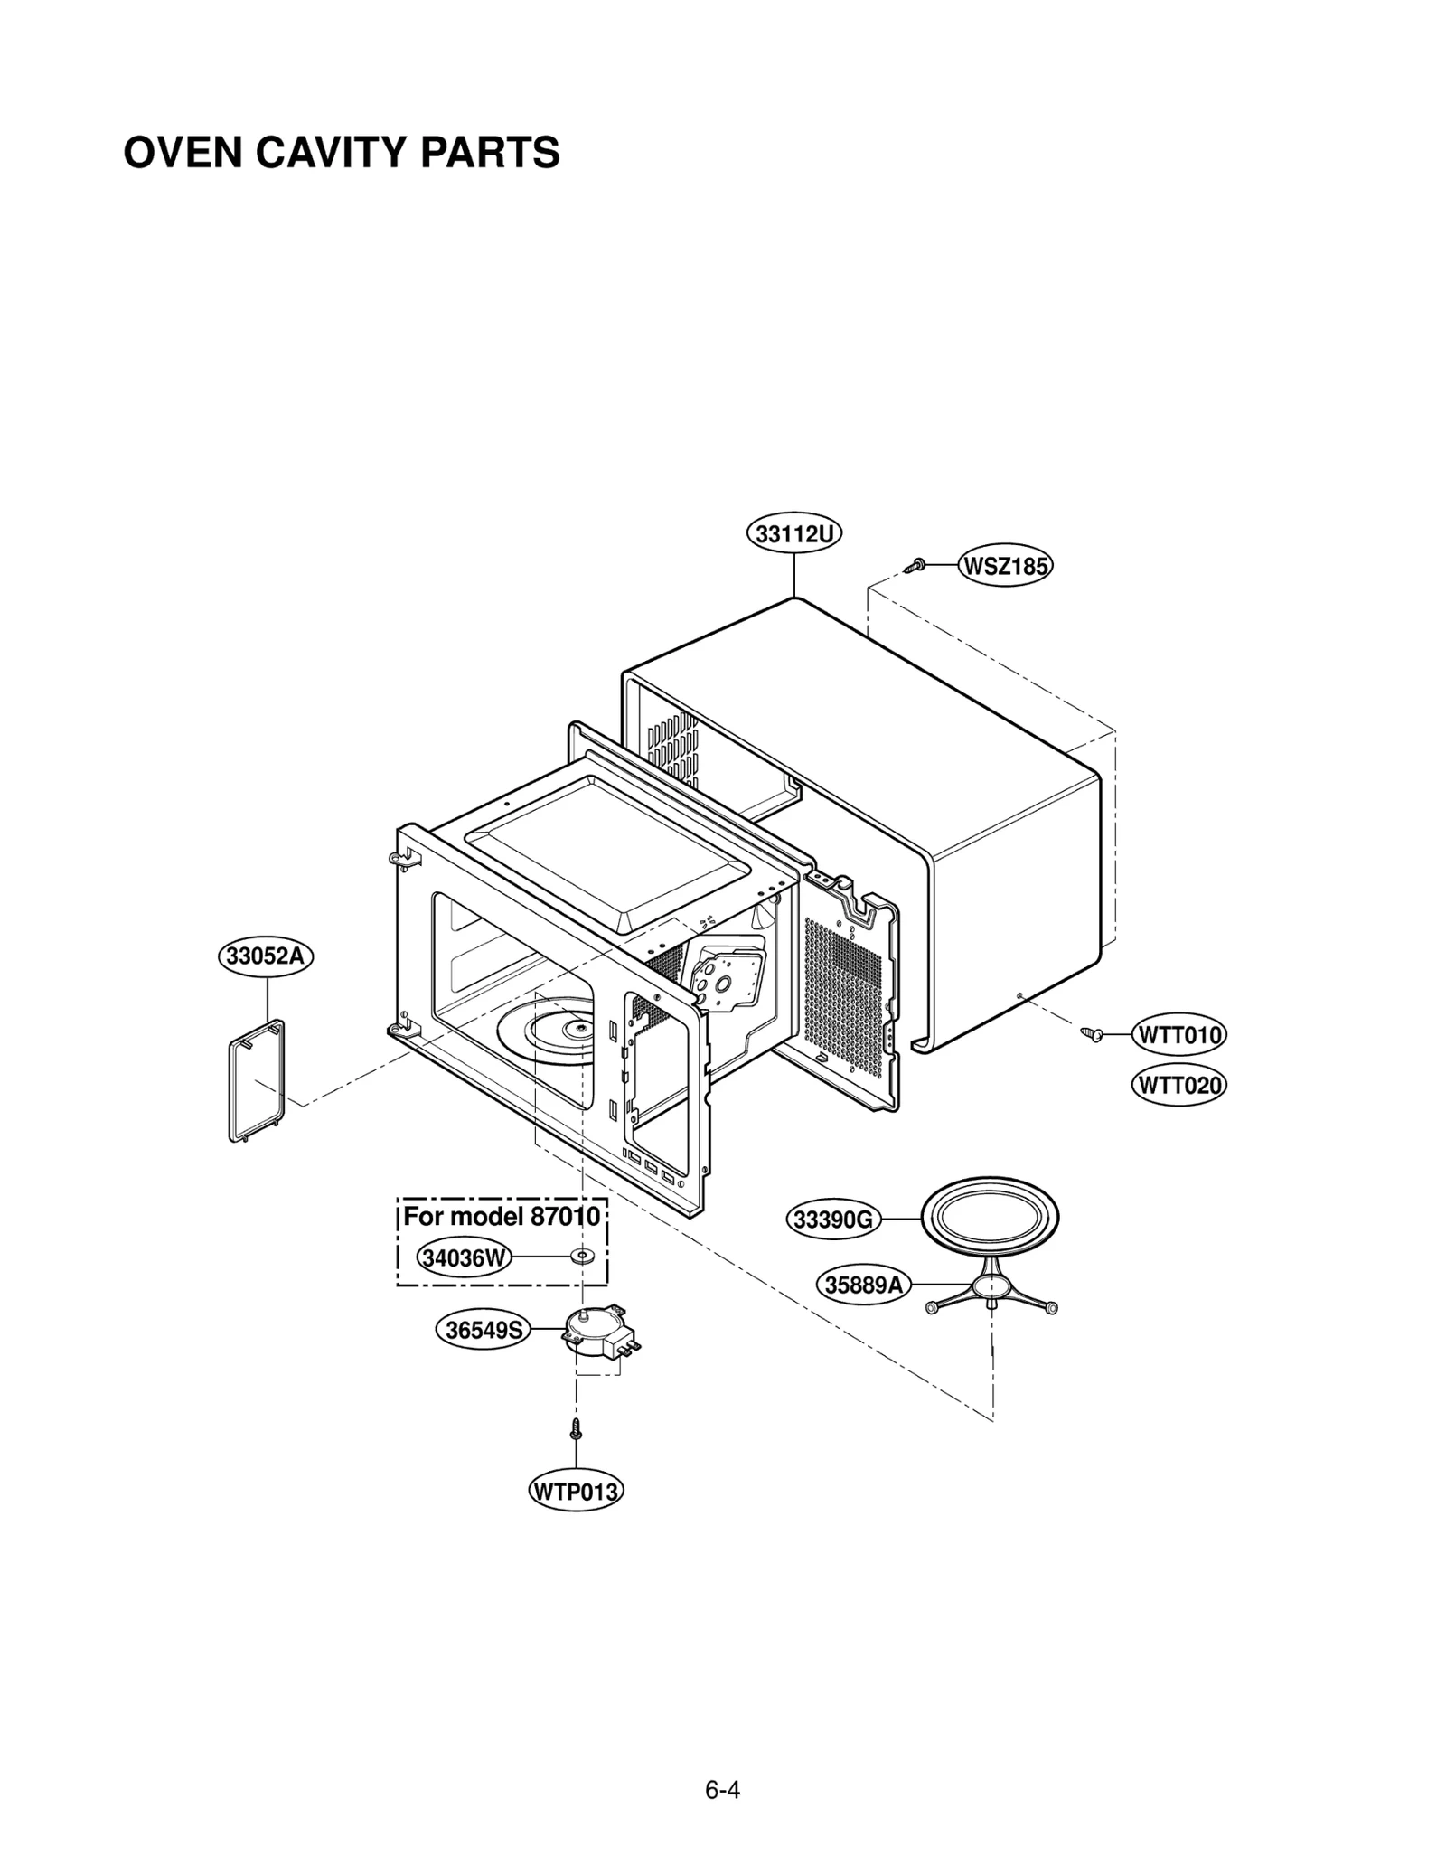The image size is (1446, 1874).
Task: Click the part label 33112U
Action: point(793,534)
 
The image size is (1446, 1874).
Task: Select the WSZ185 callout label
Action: point(1005,567)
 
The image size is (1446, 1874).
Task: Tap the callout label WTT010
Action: point(1178,1035)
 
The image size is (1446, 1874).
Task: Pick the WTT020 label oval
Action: point(1178,1085)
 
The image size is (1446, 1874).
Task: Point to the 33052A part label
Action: point(265,956)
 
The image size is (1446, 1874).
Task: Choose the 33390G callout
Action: point(833,1220)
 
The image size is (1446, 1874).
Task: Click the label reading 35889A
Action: point(864,1285)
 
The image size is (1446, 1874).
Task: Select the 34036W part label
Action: point(465,1257)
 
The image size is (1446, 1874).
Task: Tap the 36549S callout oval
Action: point(484,1330)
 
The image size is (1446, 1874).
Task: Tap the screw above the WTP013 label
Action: point(576,1429)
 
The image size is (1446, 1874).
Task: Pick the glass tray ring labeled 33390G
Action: point(990,1217)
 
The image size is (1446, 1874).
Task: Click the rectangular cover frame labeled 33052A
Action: point(255,1080)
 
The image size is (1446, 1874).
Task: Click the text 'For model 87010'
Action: point(501,1216)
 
